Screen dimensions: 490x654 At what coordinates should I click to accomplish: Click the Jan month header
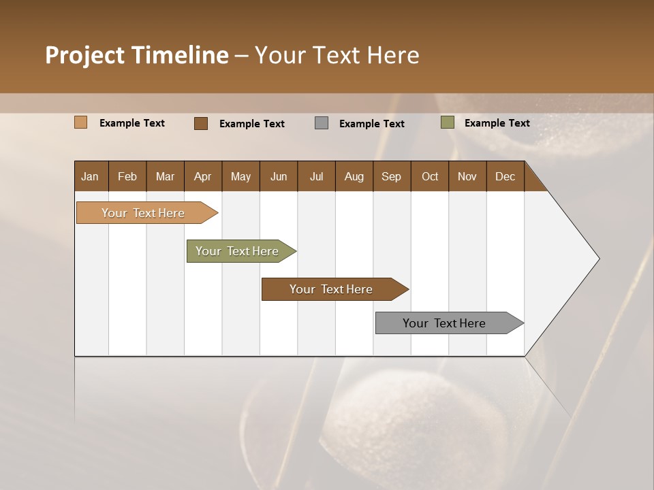tap(91, 176)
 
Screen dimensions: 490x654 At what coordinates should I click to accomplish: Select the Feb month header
tap(127, 176)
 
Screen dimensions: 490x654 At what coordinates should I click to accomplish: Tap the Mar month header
tap(165, 176)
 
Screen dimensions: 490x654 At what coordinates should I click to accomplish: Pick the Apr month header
tap(203, 176)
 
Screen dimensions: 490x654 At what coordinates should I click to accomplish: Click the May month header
tap(240, 176)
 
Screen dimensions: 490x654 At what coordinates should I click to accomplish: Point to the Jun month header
tap(279, 176)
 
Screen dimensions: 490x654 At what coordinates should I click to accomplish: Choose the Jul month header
tap(316, 176)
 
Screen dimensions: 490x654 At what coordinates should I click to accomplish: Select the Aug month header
tap(354, 176)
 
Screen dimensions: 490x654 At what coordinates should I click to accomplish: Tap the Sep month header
tap(392, 176)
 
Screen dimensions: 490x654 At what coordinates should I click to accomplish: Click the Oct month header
tap(430, 176)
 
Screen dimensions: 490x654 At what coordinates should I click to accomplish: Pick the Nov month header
tap(467, 176)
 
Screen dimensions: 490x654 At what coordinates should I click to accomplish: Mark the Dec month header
tap(505, 176)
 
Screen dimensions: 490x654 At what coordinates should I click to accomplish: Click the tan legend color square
tap(80, 122)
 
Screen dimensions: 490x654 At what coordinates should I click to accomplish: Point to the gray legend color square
tap(322, 123)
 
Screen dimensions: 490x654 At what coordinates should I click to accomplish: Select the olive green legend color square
tap(447, 122)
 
